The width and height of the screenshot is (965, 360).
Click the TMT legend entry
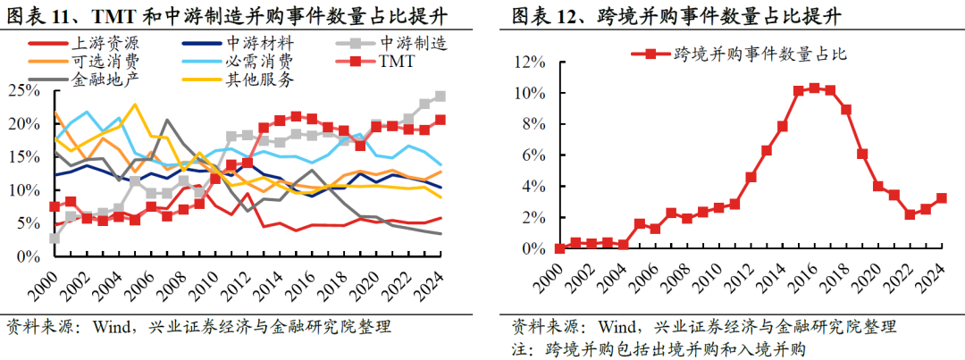click(x=398, y=62)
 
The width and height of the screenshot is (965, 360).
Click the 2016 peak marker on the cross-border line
click(x=814, y=88)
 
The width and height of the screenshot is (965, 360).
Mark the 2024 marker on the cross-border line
click(x=941, y=198)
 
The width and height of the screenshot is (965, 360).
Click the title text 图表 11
click(x=37, y=15)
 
